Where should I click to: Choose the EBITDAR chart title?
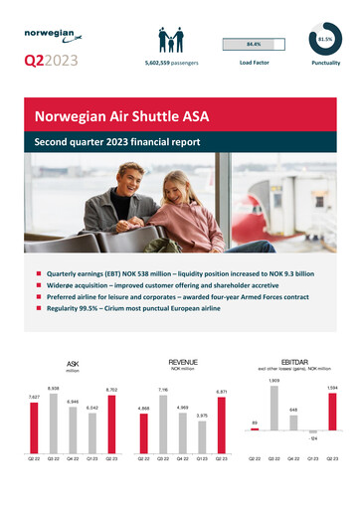click(x=294, y=363)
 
